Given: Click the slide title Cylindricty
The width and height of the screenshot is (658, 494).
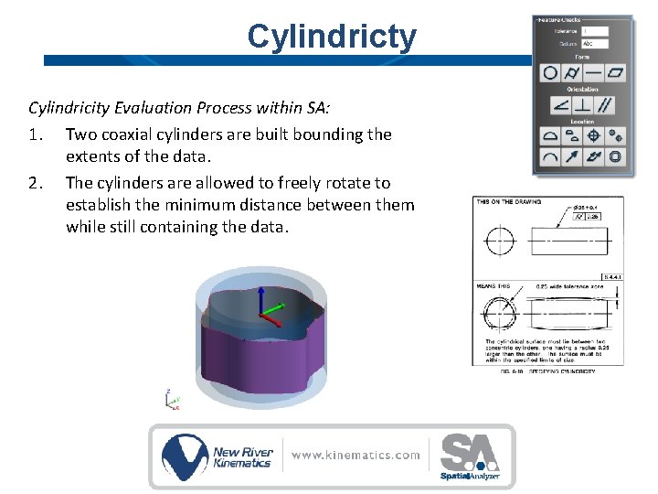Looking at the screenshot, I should click(x=331, y=37).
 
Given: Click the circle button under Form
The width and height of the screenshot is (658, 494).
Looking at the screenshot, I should click(x=550, y=72).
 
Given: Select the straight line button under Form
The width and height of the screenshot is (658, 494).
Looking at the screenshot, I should click(x=594, y=72).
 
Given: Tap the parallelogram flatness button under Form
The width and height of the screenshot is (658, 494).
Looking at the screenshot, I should click(x=617, y=72).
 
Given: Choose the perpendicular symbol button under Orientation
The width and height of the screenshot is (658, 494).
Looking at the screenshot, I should click(x=583, y=105).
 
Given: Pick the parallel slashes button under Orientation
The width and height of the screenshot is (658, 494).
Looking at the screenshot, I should click(x=605, y=105).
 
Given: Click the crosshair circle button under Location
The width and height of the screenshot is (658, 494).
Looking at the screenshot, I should click(x=594, y=135).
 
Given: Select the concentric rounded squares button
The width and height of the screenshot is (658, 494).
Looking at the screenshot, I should click(x=617, y=156).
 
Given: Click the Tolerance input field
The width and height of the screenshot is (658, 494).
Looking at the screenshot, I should click(x=594, y=31).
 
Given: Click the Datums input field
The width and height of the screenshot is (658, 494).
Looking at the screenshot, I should click(x=594, y=43).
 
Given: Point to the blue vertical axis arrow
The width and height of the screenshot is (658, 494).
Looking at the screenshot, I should click(x=260, y=297).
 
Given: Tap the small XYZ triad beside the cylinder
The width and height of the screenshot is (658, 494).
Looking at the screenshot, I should click(x=171, y=400).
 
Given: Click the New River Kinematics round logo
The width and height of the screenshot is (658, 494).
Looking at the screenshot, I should click(x=186, y=456).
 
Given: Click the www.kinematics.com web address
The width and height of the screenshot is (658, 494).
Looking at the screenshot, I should click(x=356, y=455).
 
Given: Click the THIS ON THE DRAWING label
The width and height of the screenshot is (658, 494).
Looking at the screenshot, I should click(x=509, y=201).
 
